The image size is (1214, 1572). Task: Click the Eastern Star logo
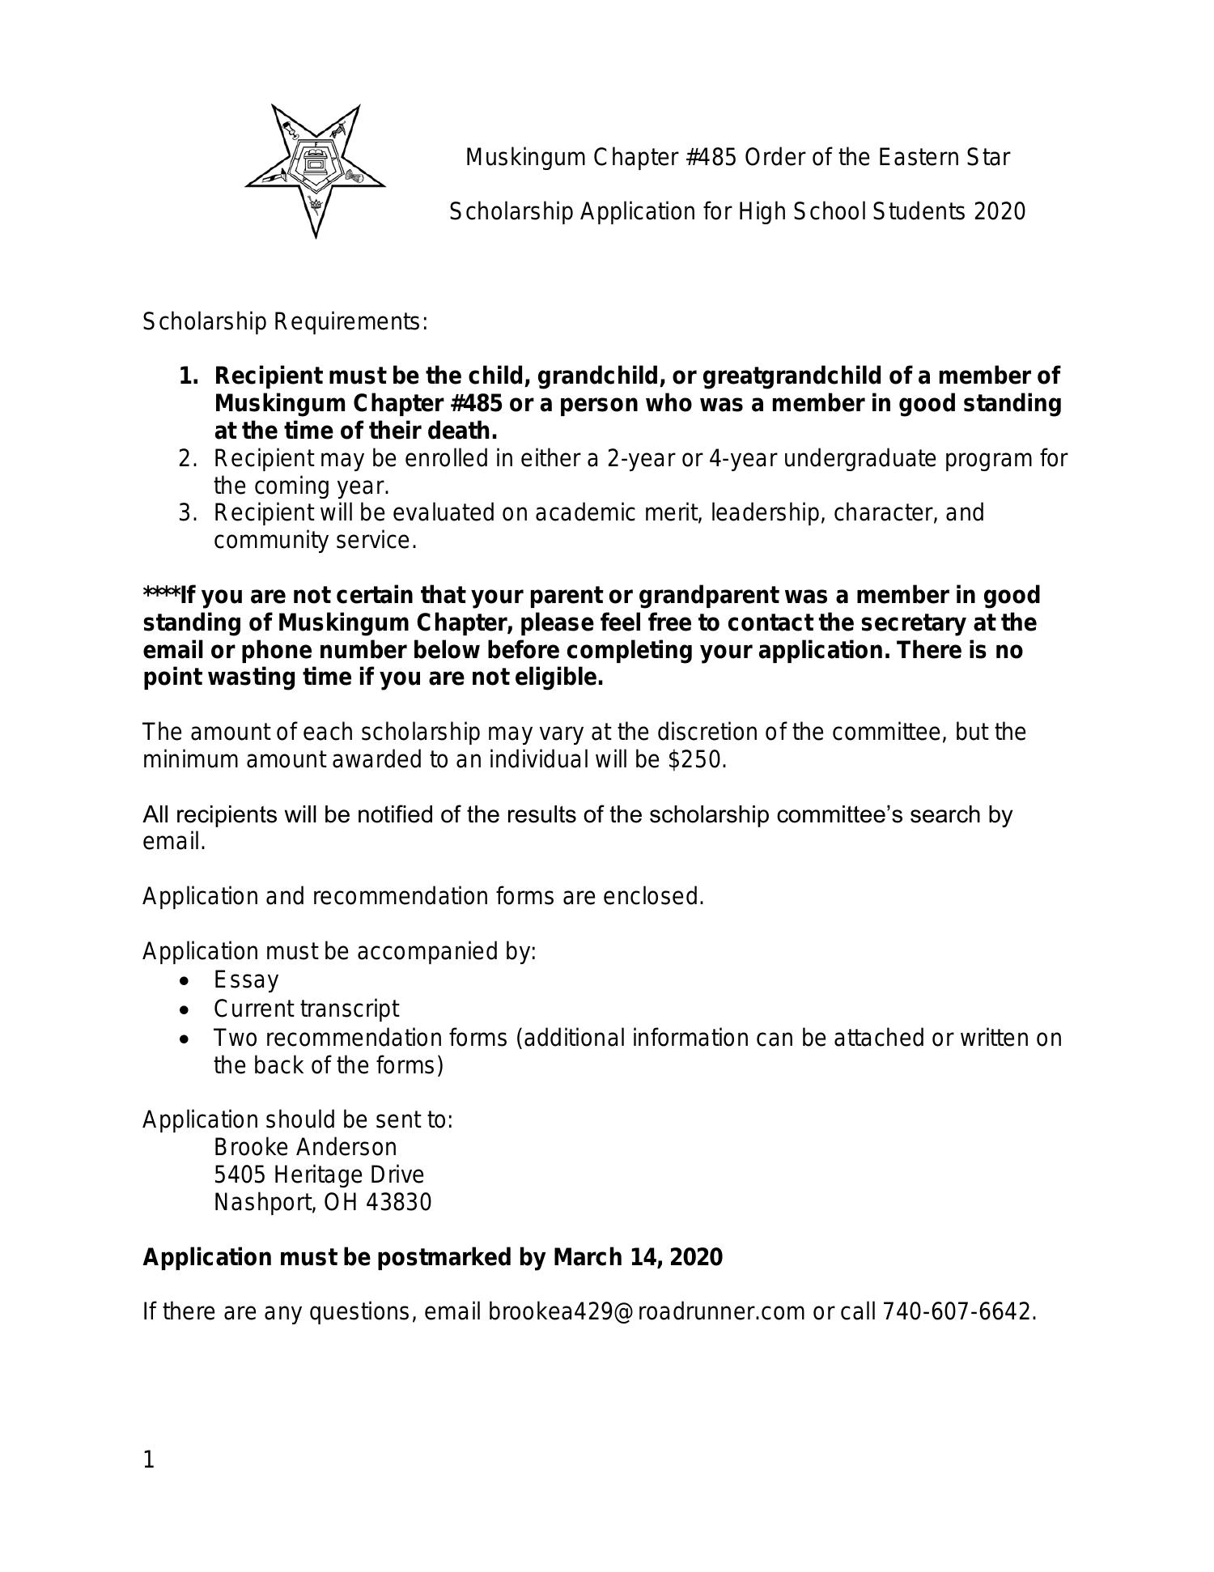click(x=315, y=170)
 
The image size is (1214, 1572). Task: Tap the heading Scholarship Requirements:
click(x=285, y=322)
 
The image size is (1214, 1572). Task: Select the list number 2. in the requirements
click(x=188, y=459)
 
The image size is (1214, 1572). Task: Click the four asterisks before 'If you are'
click(x=160, y=594)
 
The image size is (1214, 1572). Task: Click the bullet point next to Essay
click(x=187, y=981)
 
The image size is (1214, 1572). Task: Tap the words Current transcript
click(x=306, y=1009)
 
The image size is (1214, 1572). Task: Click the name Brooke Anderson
click(x=305, y=1147)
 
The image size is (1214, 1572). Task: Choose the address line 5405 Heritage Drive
click(x=318, y=1175)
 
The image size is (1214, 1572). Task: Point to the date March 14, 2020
click(x=638, y=1257)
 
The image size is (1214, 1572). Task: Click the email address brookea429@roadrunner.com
click(x=646, y=1311)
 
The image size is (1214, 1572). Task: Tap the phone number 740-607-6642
click(x=957, y=1311)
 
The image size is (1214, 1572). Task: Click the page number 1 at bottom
click(x=148, y=1460)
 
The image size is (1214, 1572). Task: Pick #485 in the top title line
click(x=711, y=157)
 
